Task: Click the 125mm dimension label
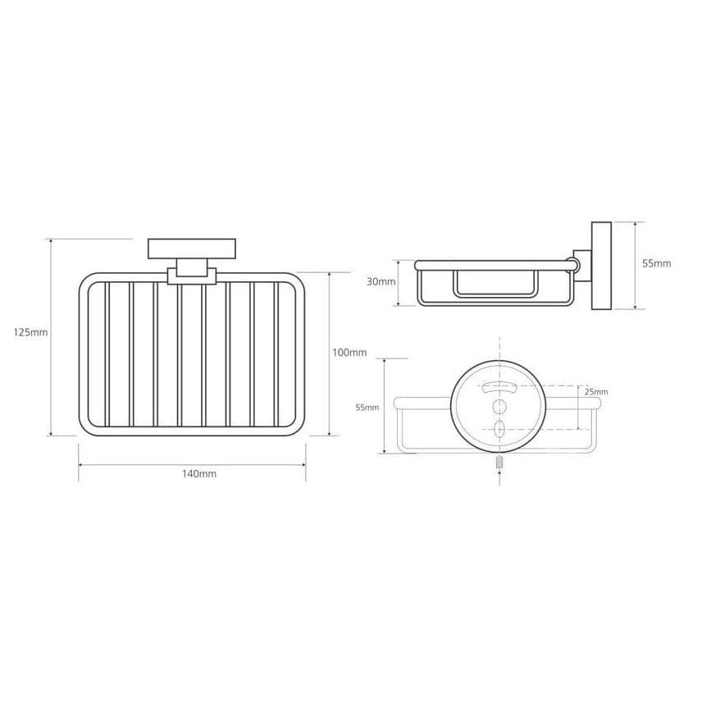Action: click(x=30, y=333)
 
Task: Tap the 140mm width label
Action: click(x=199, y=474)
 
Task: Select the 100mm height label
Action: click(x=349, y=353)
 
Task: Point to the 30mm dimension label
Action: click(x=381, y=281)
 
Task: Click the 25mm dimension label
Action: click(x=597, y=392)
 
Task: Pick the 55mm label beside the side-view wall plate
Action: click(x=657, y=263)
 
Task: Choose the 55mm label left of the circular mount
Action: click(x=367, y=408)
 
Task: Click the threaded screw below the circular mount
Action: click(x=499, y=462)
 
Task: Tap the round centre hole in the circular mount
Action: click(x=499, y=407)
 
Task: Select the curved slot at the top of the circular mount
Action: click(x=499, y=388)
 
